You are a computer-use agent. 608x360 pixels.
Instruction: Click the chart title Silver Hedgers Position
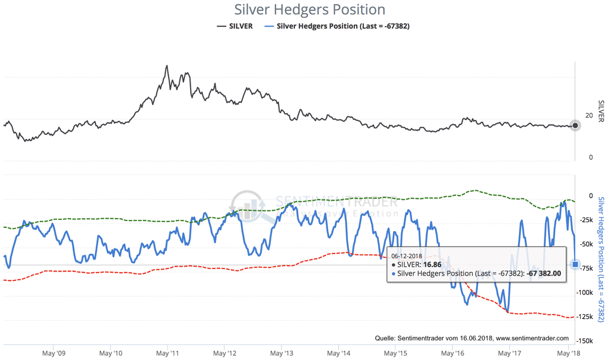309,10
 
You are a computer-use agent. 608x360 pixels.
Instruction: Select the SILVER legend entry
235,26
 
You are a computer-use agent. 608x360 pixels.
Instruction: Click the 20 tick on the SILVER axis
589,115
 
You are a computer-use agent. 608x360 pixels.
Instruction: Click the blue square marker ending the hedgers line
575,264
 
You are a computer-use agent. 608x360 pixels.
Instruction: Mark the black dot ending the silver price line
575,125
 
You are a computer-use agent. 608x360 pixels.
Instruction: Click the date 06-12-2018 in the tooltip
407,256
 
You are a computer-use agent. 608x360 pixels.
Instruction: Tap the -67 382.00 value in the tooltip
552,273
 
